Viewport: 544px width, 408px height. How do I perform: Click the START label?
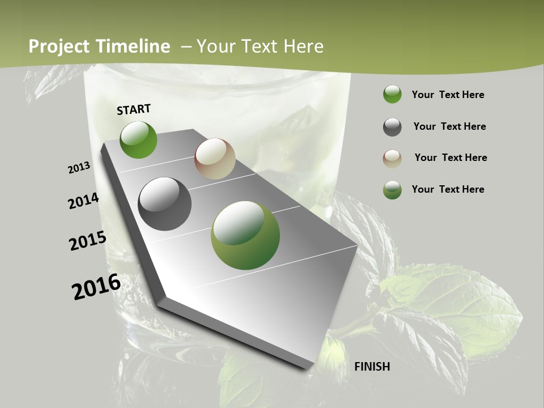[x=134, y=109]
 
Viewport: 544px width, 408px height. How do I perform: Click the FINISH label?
[x=372, y=367]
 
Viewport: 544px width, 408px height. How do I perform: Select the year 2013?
[x=79, y=168]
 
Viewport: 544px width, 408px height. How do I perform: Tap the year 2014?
[x=84, y=201]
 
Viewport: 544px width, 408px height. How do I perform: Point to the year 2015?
[x=88, y=241]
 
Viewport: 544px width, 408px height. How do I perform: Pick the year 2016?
[x=96, y=286]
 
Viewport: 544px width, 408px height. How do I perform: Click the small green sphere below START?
[x=138, y=139]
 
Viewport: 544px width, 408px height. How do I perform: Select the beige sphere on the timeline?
[x=215, y=159]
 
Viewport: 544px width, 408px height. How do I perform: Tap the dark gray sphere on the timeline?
[x=164, y=204]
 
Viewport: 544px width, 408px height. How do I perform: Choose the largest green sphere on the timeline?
[x=245, y=235]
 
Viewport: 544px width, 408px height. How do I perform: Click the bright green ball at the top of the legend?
[x=392, y=94]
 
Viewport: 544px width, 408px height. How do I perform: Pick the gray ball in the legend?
[x=392, y=127]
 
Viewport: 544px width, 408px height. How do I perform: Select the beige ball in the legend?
[x=392, y=159]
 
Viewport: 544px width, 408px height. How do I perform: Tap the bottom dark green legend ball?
[x=392, y=190]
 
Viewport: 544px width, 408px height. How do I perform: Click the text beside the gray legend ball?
[x=449, y=126]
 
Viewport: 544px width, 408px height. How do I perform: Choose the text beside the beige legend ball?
[x=450, y=158]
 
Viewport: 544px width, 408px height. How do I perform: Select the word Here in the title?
[x=303, y=46]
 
